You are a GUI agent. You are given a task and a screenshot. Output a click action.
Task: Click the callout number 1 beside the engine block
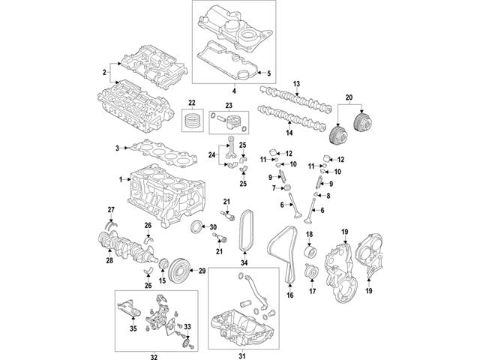pyautogui.click(x=119, y=180)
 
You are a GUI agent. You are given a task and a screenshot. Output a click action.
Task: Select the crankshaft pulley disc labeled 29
pyautogui.click(x=178, y=268)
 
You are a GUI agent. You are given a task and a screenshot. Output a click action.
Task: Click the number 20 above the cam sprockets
pyautogui.click(x=347, y=97)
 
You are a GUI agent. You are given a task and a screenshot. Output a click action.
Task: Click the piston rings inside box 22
pyautogui.click(x=194, y=119)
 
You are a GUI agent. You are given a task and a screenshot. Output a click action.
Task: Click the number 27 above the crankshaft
pyautogui.click(x=109, y=208)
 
